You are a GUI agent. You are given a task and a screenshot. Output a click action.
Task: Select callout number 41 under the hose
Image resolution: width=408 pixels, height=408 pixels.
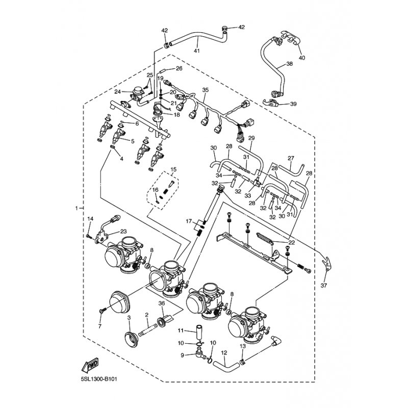197,50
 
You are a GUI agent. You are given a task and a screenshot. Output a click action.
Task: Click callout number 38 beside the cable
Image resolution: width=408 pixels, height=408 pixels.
289,64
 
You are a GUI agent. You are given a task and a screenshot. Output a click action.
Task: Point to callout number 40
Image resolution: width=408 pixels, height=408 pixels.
301,58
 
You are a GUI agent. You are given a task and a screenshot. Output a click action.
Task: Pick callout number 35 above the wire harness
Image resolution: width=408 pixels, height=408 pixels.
206,90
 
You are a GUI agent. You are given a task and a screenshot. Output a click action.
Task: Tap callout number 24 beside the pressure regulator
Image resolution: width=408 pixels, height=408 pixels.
117,92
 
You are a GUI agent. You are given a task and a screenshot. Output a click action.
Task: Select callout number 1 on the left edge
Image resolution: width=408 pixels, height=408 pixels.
77,209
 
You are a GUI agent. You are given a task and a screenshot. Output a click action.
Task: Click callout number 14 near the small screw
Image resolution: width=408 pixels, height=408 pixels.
90,219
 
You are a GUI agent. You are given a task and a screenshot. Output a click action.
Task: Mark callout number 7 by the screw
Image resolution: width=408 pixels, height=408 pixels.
100,326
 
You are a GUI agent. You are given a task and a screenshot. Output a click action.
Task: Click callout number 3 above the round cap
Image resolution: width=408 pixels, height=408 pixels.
129,318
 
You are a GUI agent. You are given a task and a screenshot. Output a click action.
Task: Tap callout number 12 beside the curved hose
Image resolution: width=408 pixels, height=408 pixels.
223,352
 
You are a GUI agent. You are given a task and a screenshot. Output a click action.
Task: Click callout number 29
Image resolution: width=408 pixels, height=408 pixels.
251,138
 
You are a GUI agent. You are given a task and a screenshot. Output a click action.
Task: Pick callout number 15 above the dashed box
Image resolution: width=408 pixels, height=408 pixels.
173,169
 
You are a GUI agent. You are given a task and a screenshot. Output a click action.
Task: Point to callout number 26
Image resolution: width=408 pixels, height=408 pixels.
179,68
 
